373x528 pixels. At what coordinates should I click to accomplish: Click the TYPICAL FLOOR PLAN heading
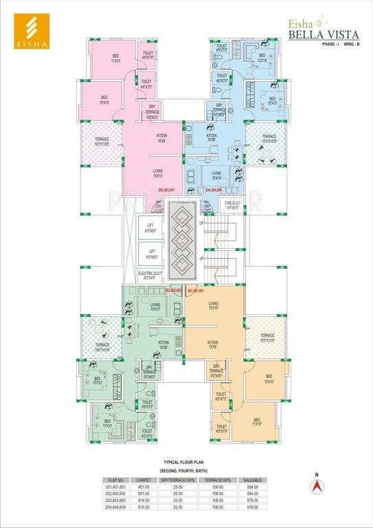click(x=185, y=463)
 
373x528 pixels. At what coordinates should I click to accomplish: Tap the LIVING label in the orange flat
click(x=214, y=305)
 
